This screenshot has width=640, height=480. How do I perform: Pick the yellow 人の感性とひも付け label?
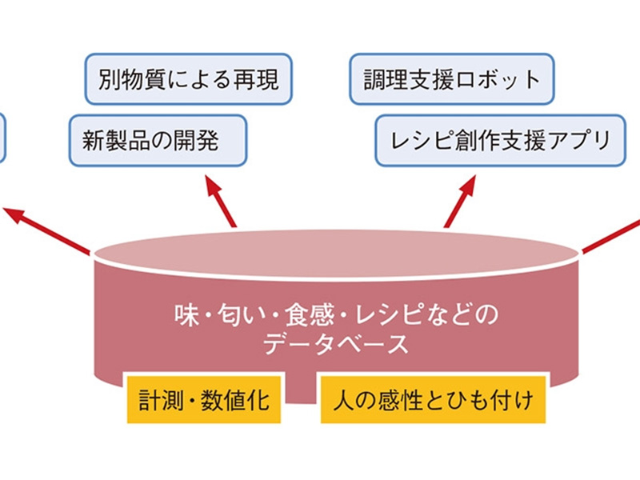pyautogui.click(x=432, y=398)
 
